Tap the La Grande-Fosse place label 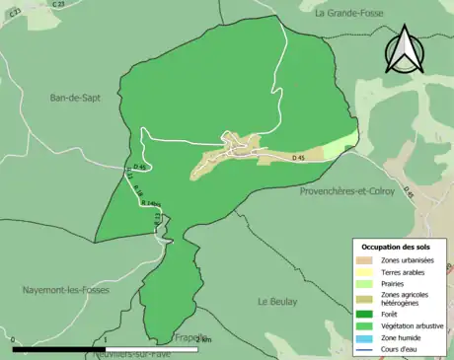[354, 14]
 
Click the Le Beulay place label [277, 301]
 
